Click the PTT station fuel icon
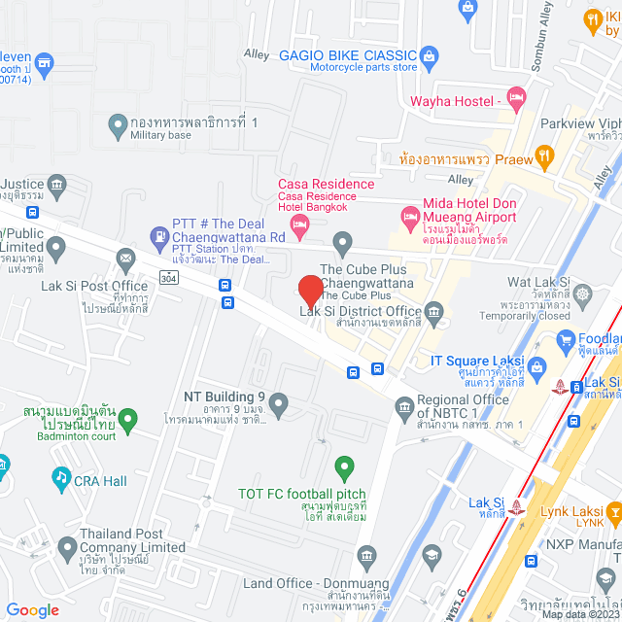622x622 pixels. [x=158, y=234]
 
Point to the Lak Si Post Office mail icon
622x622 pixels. [x=125, y=259]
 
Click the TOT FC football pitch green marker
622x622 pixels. [x=341, y=467]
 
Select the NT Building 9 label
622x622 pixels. [x=225, y=397]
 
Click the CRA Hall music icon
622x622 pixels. [x=61, y=477]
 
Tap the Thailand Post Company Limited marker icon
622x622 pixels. [x=67, y=548]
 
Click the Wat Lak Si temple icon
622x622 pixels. [x=582, y=293]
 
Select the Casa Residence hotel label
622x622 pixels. [x=326, y=184]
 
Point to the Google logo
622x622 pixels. [x=33, y=609]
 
